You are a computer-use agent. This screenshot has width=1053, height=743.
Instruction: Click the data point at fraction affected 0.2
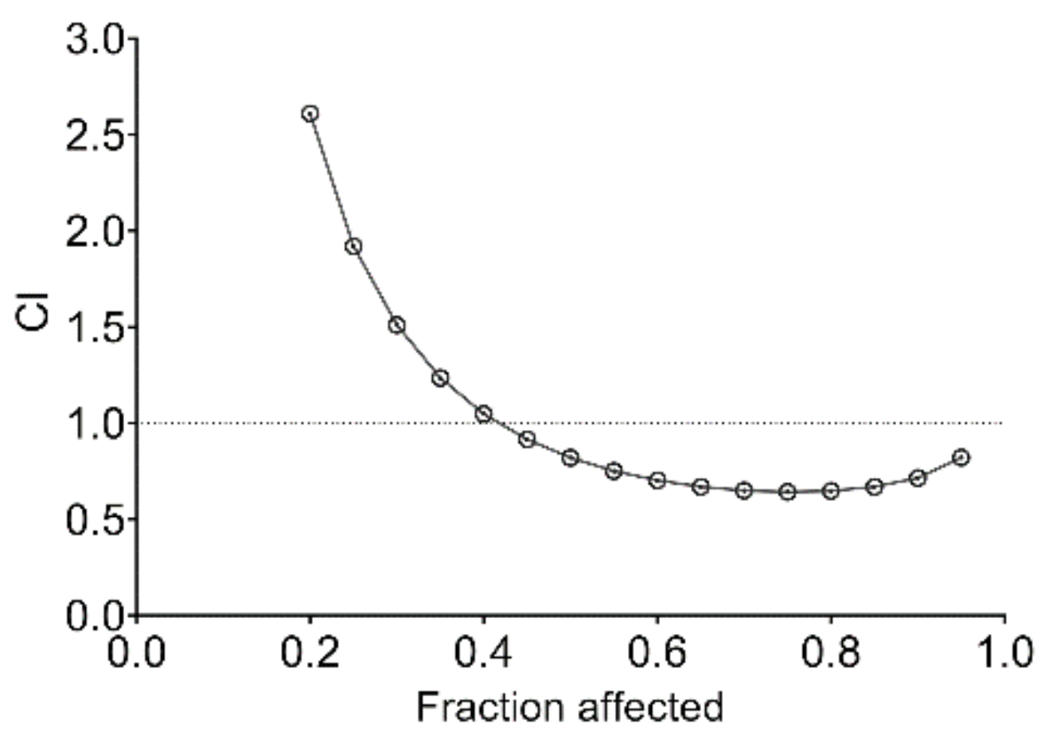coord(310,113)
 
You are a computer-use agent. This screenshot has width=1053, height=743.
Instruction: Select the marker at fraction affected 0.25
coord(353,246)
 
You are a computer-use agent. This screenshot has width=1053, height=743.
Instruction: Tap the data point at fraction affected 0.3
coord(396,325)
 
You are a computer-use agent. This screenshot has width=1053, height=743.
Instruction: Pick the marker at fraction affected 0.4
coord(483,413)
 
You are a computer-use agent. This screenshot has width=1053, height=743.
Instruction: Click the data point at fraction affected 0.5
coord(570,458)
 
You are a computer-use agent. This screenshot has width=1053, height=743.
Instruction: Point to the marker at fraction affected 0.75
coord(787,492)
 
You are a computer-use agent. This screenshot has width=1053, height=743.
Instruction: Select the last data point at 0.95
coord(961,457)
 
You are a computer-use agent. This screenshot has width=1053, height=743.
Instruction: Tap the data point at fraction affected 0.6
coord(657,480)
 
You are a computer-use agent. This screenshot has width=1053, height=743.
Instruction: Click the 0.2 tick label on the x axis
coord(310,653)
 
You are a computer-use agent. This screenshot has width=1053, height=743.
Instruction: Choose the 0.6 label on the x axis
coord(657,653)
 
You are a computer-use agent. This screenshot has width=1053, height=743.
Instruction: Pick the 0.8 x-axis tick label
coord(830,653)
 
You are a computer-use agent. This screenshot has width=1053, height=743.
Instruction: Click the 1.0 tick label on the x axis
coord(1003,653)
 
